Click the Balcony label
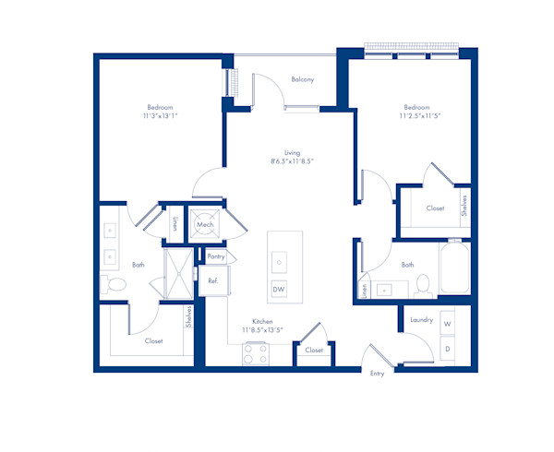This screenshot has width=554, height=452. point(302,79)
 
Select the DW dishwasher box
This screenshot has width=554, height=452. point(278,291)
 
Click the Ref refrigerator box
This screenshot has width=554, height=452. point(212,280)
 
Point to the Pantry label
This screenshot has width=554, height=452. point(216,256)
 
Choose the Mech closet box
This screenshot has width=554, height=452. point(205,224)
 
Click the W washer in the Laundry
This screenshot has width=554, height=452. point(447,325)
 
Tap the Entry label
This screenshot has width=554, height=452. point(377,374)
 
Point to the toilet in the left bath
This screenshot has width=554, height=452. point(115,286)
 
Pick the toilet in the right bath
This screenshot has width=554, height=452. point(422,285)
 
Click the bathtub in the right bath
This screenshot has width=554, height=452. point(454,268)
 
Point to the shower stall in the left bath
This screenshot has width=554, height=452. point(177,274)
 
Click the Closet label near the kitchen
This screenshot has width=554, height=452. point(315,351)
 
